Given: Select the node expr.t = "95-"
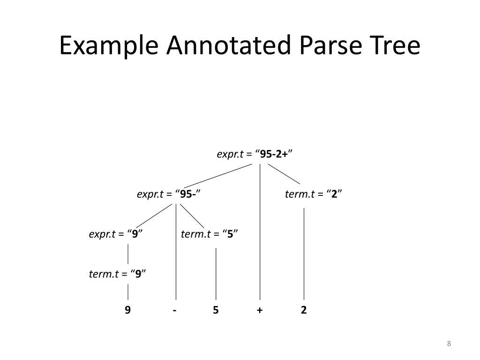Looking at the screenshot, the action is point(169,194).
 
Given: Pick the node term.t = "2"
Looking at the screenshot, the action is point(314,194).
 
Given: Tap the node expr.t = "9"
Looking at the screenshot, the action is point(116,234).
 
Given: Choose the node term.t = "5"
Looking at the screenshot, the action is point(210,234).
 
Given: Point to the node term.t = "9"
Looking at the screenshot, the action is point(118,274).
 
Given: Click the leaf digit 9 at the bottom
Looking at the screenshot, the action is point(127,310).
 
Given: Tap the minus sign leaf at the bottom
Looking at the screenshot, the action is point(174,310).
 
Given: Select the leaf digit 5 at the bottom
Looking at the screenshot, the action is point(216,310).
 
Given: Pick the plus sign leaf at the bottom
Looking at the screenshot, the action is point(259,310).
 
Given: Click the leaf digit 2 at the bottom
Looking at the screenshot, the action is point(304,310).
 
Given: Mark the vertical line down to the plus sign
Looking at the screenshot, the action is point(260,234).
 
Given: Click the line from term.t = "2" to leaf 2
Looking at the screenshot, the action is point(304,253).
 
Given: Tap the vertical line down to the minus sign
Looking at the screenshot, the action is point(176,253).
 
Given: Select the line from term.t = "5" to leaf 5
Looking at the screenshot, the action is point(216,274).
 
